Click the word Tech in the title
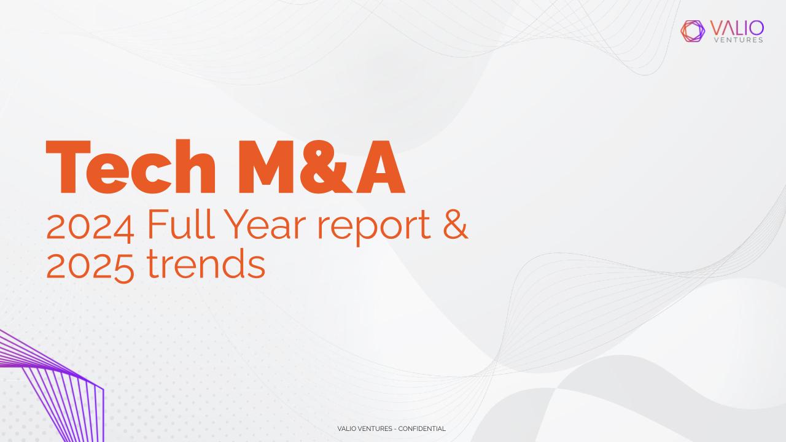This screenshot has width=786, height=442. click(131, 166)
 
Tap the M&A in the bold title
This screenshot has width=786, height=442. click(321, 167)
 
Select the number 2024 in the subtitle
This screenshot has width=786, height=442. click(90, 228)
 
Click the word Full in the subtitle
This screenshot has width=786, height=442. click(181, 224)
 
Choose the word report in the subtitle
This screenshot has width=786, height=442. click(374, 227)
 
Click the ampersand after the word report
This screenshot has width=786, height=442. click(456, 224)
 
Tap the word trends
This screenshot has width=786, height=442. click(206, 263)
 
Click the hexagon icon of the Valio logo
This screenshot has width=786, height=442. click(693, 31)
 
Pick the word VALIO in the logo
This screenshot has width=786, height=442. click(737, 28)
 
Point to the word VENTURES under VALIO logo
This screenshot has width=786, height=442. click(739, 40)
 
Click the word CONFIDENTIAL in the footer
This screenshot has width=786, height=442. click(422, 428)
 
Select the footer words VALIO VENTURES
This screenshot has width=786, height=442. click(365, 428)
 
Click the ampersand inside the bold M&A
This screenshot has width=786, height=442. click(326, 167)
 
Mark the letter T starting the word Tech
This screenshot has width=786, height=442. click(68, 167)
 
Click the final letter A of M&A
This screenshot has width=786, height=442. click(381, 167)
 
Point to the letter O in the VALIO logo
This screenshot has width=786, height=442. click(755, 28)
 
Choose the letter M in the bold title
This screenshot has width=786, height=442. click(266, 167)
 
